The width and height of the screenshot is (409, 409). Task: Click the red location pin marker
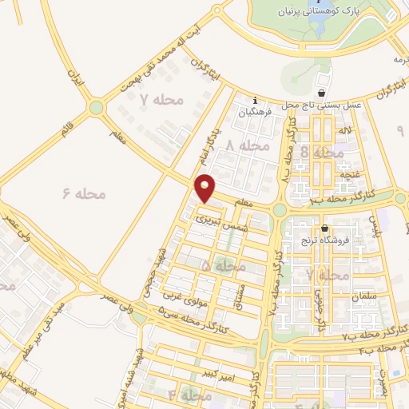coord(206,188)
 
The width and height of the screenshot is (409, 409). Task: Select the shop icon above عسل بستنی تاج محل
coord(323,93)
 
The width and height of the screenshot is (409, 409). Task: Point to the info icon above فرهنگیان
coord(254,101)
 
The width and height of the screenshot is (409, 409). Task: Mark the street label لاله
coord(345,129)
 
